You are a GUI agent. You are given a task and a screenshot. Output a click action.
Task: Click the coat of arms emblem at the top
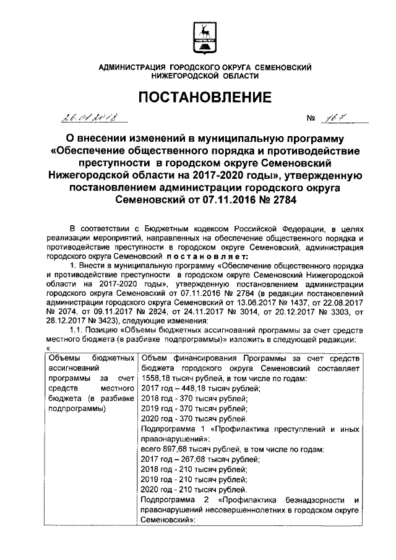tap(204, 37)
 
